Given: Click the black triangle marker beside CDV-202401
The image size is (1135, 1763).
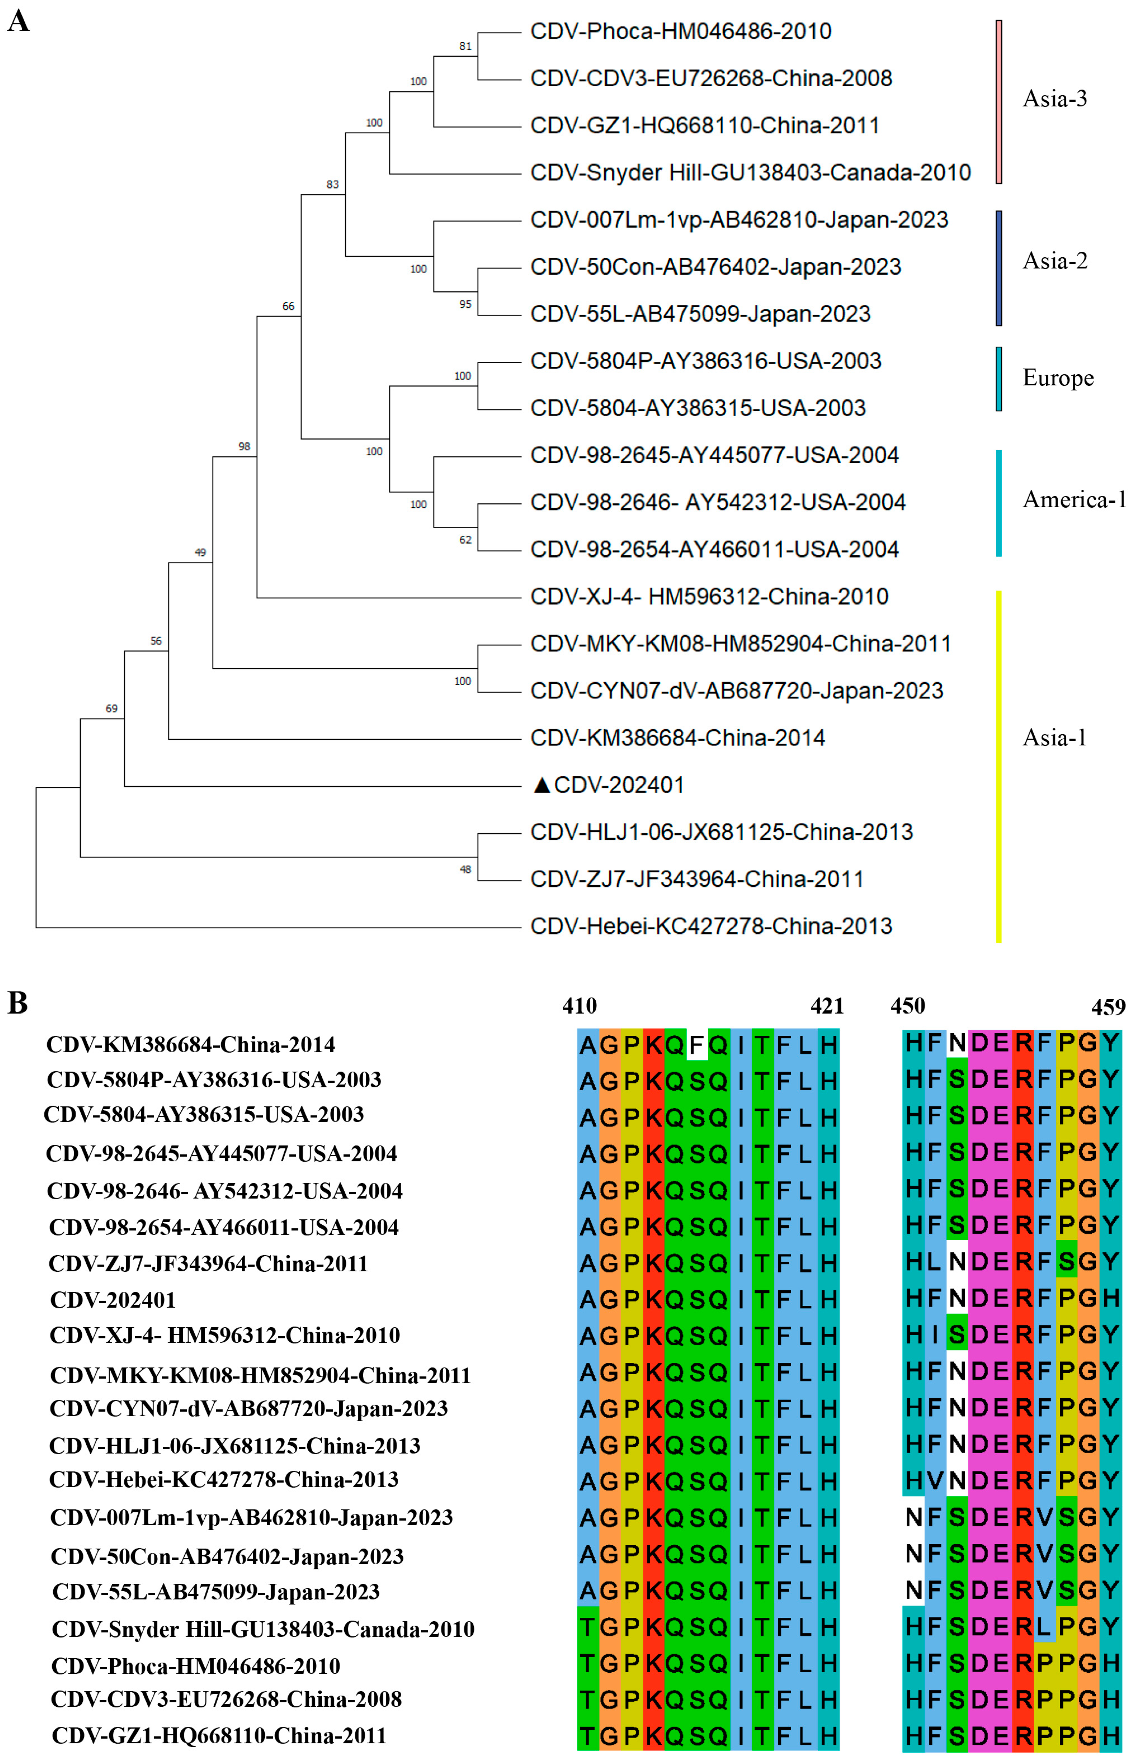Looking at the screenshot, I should (x=542, y=785).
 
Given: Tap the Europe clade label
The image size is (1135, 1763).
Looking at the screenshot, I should (x=1058, y=378).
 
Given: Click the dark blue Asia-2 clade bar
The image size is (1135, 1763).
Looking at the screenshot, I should (x=999, y=268).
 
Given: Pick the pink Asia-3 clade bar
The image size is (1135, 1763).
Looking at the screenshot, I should (x=999, y=102).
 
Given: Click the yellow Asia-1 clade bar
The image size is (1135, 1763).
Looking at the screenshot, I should (x=999, y=766).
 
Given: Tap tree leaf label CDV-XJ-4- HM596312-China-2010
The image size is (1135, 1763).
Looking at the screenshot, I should (x=709, y=596).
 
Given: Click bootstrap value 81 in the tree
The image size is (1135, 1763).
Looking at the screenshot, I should (x=465, y=46).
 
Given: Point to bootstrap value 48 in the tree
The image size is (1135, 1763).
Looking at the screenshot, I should (x=465, y=870).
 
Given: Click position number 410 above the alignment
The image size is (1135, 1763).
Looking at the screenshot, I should (x=579, y=1006).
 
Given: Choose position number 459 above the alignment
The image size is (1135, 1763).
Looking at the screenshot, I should (x=1108, y=1007).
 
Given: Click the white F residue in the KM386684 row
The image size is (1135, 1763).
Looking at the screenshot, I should (x=696, y=1044).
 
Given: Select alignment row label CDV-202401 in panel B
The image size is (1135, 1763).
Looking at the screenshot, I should (x=113, y=1300).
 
